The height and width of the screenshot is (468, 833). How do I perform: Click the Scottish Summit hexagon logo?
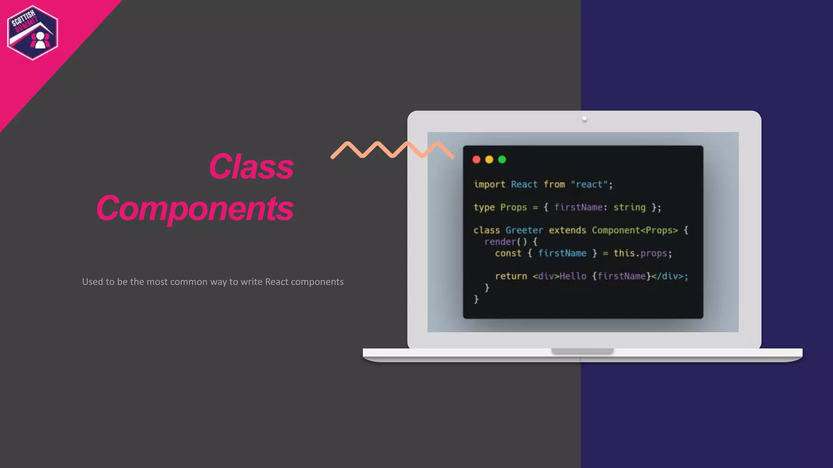coord(33,32)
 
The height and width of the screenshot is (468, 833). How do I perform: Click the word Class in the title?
coord(251,167)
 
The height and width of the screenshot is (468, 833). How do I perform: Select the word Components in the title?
coord(195,208)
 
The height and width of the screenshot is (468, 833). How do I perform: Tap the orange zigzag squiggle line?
coord(392,149)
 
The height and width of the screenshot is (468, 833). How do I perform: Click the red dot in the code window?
coord(476,160)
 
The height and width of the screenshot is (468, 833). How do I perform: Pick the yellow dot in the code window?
coord(489,160)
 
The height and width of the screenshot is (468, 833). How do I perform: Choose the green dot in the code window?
coord(502,160)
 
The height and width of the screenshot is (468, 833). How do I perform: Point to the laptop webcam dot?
coord(584,119)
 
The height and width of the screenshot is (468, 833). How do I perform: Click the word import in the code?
coord(489,184)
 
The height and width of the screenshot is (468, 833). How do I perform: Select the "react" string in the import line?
coord(589,184)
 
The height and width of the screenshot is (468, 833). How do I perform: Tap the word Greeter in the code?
coord(524,230)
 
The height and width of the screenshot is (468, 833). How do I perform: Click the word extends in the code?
coord(567,230)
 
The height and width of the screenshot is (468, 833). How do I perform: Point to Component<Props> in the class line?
coord(635,230)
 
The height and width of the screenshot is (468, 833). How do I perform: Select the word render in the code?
coord(500,242)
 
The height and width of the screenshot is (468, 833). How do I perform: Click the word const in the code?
coord(508,253)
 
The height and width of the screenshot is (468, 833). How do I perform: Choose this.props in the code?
coord(640,253)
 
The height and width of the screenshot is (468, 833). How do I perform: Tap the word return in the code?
coord(511,276)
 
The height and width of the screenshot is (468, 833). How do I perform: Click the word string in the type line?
coord(629,208)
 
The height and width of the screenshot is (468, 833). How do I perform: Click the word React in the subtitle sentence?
coord(277,282)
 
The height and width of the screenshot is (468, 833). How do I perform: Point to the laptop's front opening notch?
coord(582,351)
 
